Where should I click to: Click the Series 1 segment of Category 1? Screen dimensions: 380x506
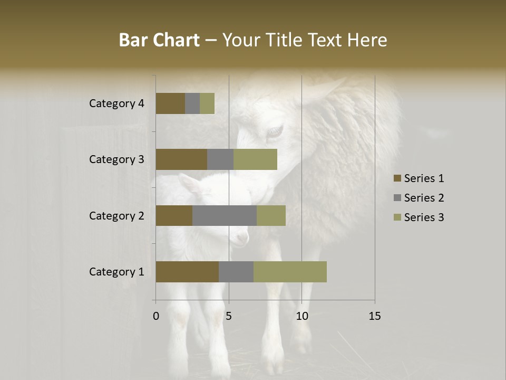(187, 272)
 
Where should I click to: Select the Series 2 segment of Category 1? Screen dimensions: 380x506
(236, 272)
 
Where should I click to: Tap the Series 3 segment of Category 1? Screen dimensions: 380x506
(290, 272)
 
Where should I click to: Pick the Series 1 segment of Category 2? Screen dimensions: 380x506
(174, 215)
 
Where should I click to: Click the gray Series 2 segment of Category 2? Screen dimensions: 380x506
(225, 215)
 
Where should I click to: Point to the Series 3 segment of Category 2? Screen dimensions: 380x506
(271, 215)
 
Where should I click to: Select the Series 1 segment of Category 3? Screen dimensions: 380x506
(181, 159)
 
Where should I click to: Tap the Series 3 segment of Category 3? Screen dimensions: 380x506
(255, 159)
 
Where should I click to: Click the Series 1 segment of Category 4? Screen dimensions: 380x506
(170, 103)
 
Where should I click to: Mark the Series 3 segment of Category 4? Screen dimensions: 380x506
(207, 103)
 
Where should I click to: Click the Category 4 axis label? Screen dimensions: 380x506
(116, 103)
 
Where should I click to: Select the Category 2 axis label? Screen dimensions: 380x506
(116, 216)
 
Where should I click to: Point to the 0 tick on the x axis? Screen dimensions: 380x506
(156, 316)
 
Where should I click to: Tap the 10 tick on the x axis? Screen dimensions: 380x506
(301, 316)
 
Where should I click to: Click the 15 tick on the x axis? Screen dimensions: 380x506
(375, 316)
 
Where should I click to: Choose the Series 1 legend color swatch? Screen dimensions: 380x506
(397, 178)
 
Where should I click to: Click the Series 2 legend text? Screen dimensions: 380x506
(424, 198)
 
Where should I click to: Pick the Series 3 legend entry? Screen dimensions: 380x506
(419, 217)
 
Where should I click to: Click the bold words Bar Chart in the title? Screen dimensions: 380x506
(159, 40)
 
